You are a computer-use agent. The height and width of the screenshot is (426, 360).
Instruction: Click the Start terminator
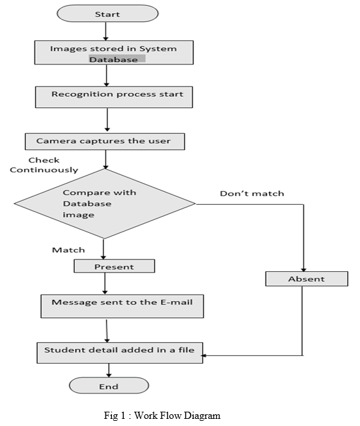point(107,14)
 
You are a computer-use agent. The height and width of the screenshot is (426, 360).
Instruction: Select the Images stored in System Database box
point(114,53)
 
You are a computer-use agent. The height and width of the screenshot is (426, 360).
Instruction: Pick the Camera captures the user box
point(105,140)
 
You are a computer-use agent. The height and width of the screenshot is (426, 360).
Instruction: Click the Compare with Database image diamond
point(104,204)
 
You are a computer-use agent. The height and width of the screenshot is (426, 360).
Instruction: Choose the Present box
point(114,266)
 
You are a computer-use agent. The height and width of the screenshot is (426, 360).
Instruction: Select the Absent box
point(306,279)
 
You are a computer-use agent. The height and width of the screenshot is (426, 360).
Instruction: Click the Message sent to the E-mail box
point(122,304)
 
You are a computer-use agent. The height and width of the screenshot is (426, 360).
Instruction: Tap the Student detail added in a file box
point(119,351)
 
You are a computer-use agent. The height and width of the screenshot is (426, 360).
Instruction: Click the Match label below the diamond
point(68,250)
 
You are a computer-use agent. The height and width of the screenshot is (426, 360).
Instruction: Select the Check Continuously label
point(44,165)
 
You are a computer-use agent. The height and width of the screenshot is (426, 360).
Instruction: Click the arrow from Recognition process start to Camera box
point(107,120)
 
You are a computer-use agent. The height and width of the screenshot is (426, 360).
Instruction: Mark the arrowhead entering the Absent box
point(303,268)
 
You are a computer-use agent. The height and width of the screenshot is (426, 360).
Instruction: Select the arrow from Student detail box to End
point(109,370)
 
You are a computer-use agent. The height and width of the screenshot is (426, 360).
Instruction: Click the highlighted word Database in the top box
point(117,59)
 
